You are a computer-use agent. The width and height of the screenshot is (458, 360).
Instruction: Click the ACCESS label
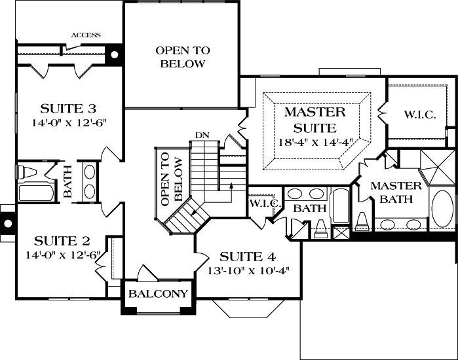click(86, 35)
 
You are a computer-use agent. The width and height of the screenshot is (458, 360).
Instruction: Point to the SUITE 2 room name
click(58, 240)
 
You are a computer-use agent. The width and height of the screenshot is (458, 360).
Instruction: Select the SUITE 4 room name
click(247, 255)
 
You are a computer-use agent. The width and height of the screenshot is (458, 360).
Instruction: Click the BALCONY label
click(159, 293)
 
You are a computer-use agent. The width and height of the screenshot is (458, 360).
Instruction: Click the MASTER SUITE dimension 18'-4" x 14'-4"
click(310, 142)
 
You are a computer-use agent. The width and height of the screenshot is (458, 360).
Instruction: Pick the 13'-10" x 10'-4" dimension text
click(247, 269)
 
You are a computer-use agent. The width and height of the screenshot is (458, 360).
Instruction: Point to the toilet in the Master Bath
click(362, 221)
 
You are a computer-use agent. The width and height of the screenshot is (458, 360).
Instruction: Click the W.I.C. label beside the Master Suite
click(419, 115)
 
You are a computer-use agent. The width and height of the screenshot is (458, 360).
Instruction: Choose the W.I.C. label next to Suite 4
click(265, 204)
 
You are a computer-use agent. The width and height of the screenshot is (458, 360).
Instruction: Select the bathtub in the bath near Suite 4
click(341, 207)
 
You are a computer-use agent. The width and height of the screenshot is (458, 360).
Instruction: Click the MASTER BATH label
click(395, 192)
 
